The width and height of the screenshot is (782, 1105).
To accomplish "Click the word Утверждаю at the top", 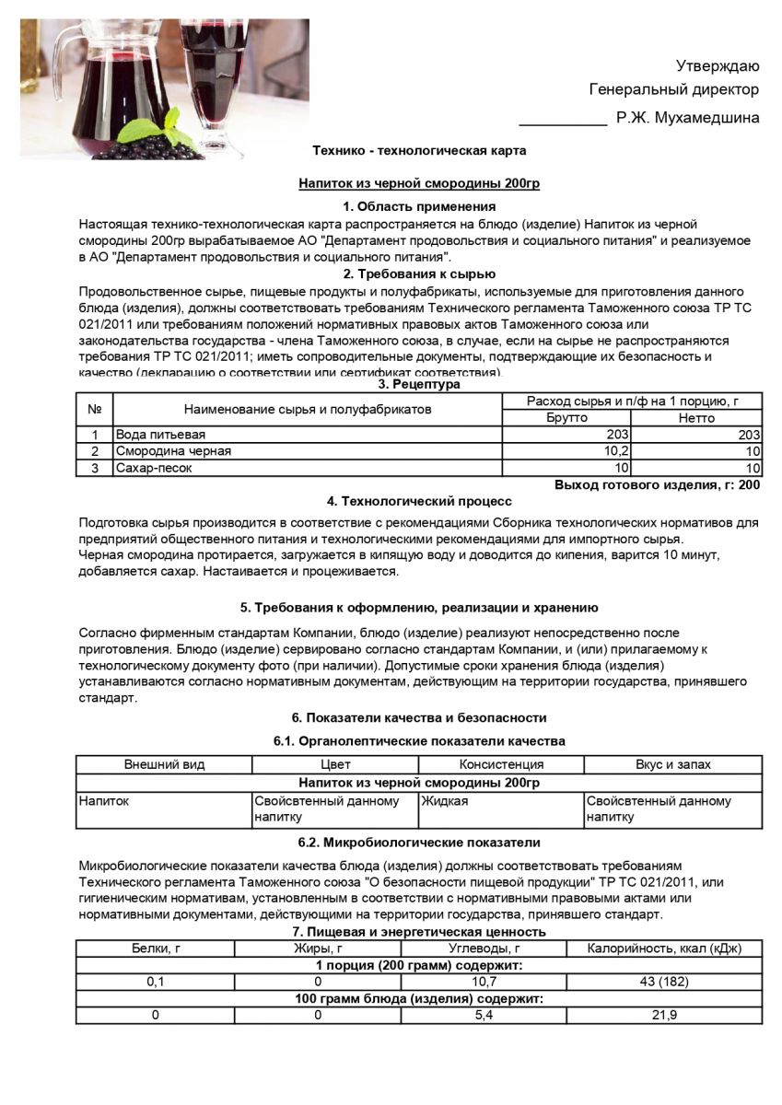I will [718, 65].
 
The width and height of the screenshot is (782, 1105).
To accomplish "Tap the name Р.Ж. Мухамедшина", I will [688, 117].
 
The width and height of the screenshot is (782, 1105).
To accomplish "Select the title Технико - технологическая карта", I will [419, 149].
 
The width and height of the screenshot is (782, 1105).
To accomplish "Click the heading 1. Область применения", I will [419, 206].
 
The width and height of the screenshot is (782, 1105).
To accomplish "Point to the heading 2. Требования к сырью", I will [419, 273].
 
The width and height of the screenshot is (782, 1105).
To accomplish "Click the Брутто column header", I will [567, 417].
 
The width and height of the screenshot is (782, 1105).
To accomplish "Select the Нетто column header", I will [696, 417].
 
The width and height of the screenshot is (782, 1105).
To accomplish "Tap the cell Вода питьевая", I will [160, 434].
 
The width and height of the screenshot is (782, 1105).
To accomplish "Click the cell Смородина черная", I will [173, 451].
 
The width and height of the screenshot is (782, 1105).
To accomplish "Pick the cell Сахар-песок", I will [154, 468].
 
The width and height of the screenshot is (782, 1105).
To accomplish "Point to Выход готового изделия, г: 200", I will [657, 484].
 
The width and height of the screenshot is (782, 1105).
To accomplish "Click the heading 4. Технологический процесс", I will [419, 501].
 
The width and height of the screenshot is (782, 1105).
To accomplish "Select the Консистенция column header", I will [501, 764].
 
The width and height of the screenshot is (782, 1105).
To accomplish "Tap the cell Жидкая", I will [445, 801].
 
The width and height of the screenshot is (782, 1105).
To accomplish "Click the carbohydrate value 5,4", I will [485, 1015].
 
